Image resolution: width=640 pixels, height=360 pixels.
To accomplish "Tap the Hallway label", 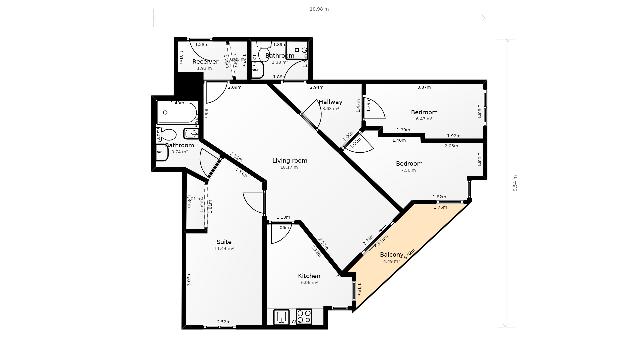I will [x=331, y=102].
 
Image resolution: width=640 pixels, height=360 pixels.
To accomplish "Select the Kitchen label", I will [x=308, y=275].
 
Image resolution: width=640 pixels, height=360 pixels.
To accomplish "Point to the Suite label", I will [x=225, y=241].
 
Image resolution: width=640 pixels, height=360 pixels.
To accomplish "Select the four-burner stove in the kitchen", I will [x=304, y=318].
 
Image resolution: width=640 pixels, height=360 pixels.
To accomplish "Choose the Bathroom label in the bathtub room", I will [x=180, y=146].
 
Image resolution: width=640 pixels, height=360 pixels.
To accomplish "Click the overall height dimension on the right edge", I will [x=516, y=185].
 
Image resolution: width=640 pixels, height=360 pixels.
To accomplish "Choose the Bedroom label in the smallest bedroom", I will [x=427, y=112].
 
